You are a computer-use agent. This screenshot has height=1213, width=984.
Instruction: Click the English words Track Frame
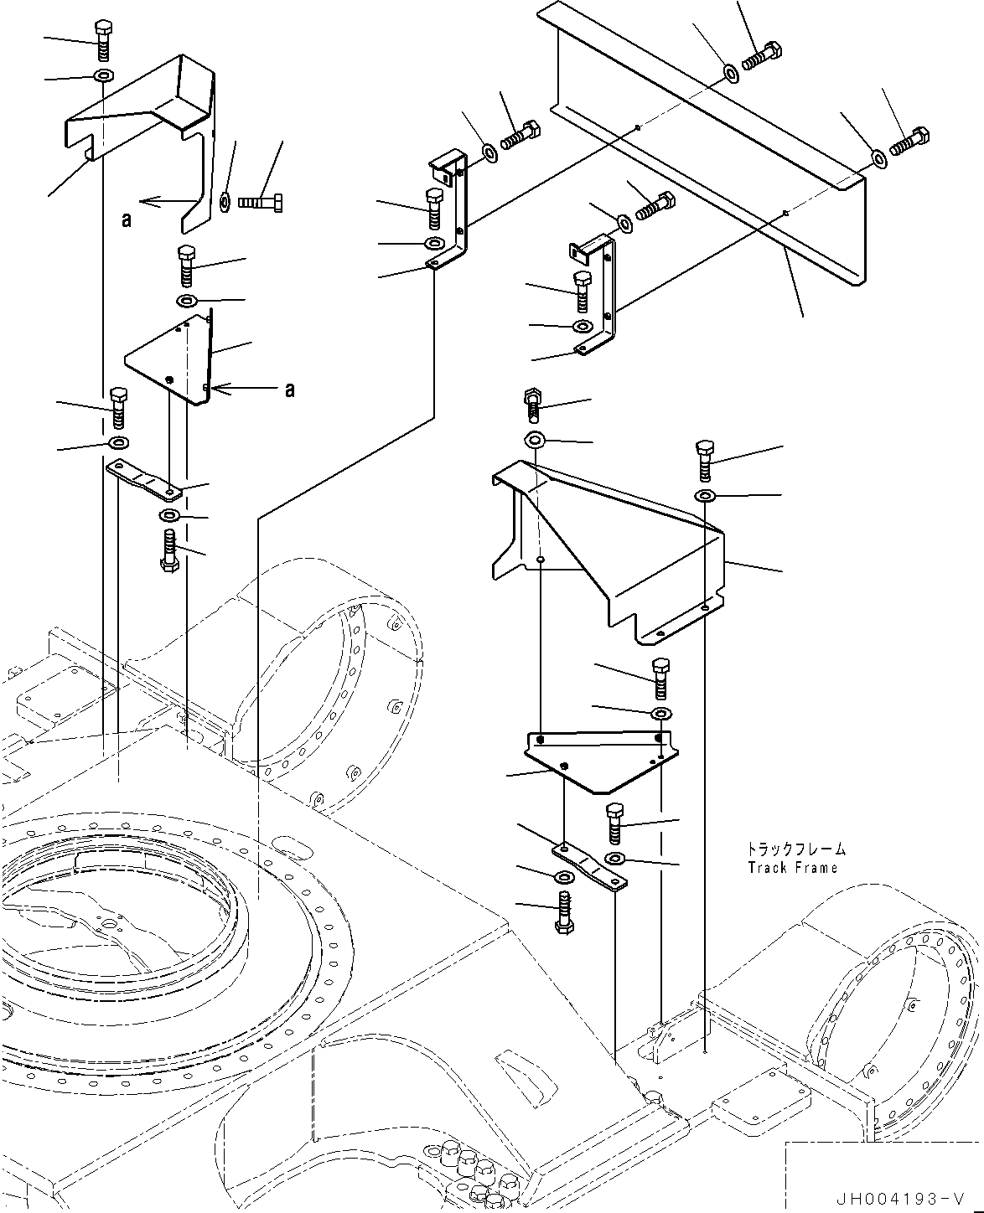point(792,868)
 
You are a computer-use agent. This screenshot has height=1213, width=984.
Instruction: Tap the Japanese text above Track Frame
point(796,849)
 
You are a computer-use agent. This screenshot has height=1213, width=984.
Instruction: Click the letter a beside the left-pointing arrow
point(127,219)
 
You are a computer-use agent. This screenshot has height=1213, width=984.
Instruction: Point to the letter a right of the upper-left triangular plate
point(289,390)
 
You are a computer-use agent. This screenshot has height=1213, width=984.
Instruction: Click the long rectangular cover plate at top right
point(712,151)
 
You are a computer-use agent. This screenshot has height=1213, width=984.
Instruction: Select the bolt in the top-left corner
point(102,39)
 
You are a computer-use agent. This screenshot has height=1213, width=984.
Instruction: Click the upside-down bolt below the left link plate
point(168,550)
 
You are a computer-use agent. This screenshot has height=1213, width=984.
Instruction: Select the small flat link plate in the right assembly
point(589,865)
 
